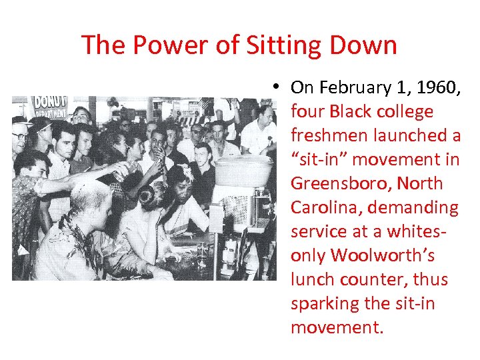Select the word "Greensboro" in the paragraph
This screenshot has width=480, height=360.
point(339,183)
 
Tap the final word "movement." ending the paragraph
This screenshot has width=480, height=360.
point(337,327)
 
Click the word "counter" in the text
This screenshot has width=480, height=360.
point(378,279)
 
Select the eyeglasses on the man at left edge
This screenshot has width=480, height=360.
point(20,137)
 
